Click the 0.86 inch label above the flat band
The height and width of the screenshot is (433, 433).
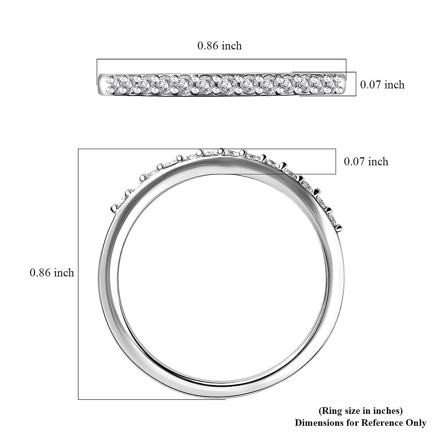pyautogui.click(x=219, y=46)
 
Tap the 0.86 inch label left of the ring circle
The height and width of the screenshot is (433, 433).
pyautogui.click(x=52, y=272)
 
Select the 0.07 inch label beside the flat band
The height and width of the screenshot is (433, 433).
pyautogui.click(x=382, y=85)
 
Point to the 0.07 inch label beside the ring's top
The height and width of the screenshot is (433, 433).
pyautogui.click(x=366, y=162)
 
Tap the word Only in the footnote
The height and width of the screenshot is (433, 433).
pyautogui.click(x=416, y=423)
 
